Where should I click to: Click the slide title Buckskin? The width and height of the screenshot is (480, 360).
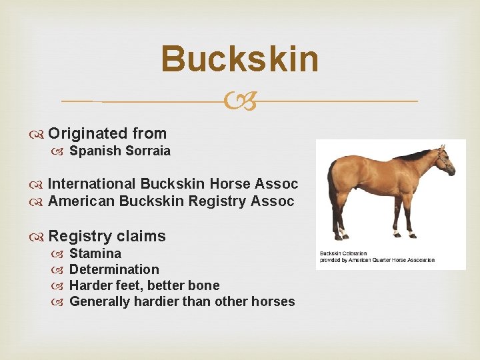point(240,59)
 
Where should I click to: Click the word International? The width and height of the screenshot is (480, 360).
point(91,183)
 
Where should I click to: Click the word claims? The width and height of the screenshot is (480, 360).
point(141,236)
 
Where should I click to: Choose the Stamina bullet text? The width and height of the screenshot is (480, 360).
point(95,253)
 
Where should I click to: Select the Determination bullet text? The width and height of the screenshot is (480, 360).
point(114,269)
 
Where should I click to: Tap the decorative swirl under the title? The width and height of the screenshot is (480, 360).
point(240,102)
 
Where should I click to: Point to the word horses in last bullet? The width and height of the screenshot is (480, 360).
point(273,301)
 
